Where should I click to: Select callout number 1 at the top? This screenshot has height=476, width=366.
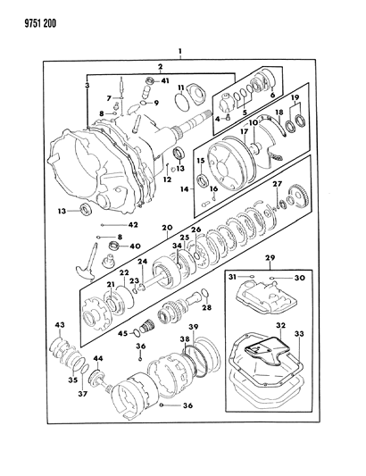point(181,52)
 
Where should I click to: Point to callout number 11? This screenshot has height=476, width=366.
point(180,88)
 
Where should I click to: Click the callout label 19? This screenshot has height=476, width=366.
point(297,96)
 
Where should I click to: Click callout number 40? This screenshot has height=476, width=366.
point(135,246)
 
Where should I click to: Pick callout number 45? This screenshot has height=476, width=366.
point(124,334)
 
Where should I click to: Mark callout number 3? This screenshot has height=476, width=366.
point(87,84)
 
